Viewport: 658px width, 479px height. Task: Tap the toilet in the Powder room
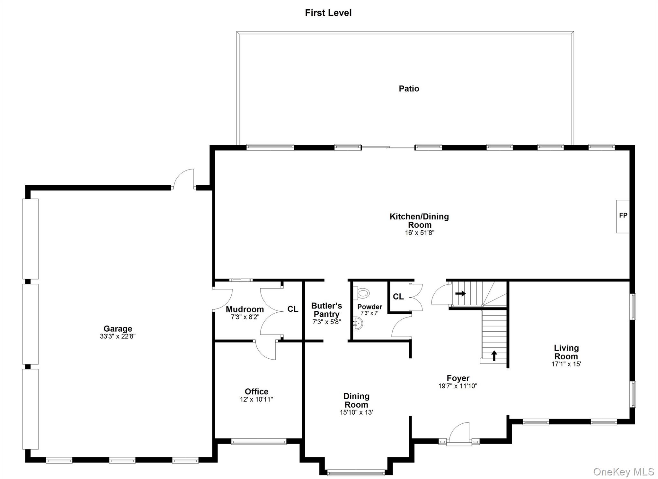(x=362, y=293)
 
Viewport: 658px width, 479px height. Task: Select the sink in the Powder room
(x=358, y=324)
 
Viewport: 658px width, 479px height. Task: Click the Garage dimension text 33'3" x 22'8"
(x=118, y=336)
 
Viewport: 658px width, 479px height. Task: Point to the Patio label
(x=409, y=88)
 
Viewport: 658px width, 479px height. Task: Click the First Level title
(x=328, y=13)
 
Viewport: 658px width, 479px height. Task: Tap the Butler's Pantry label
(x=326, y=310)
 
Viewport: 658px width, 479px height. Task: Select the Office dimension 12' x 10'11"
(x=256, y=399)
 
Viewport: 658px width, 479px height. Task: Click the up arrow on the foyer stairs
(x=494, y=355)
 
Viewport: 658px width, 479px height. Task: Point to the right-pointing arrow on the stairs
(x=460, y=293)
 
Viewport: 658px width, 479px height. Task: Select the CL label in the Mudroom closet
(x=292, y=309)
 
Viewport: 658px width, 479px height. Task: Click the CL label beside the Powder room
(x=398, y=297)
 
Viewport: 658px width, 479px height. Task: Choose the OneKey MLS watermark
(x=623, y=472)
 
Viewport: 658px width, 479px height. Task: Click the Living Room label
(x=566, y=352)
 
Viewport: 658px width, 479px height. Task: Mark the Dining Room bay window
(x=356, y=473)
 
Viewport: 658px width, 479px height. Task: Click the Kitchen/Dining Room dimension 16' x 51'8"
(x=419, y=233)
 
